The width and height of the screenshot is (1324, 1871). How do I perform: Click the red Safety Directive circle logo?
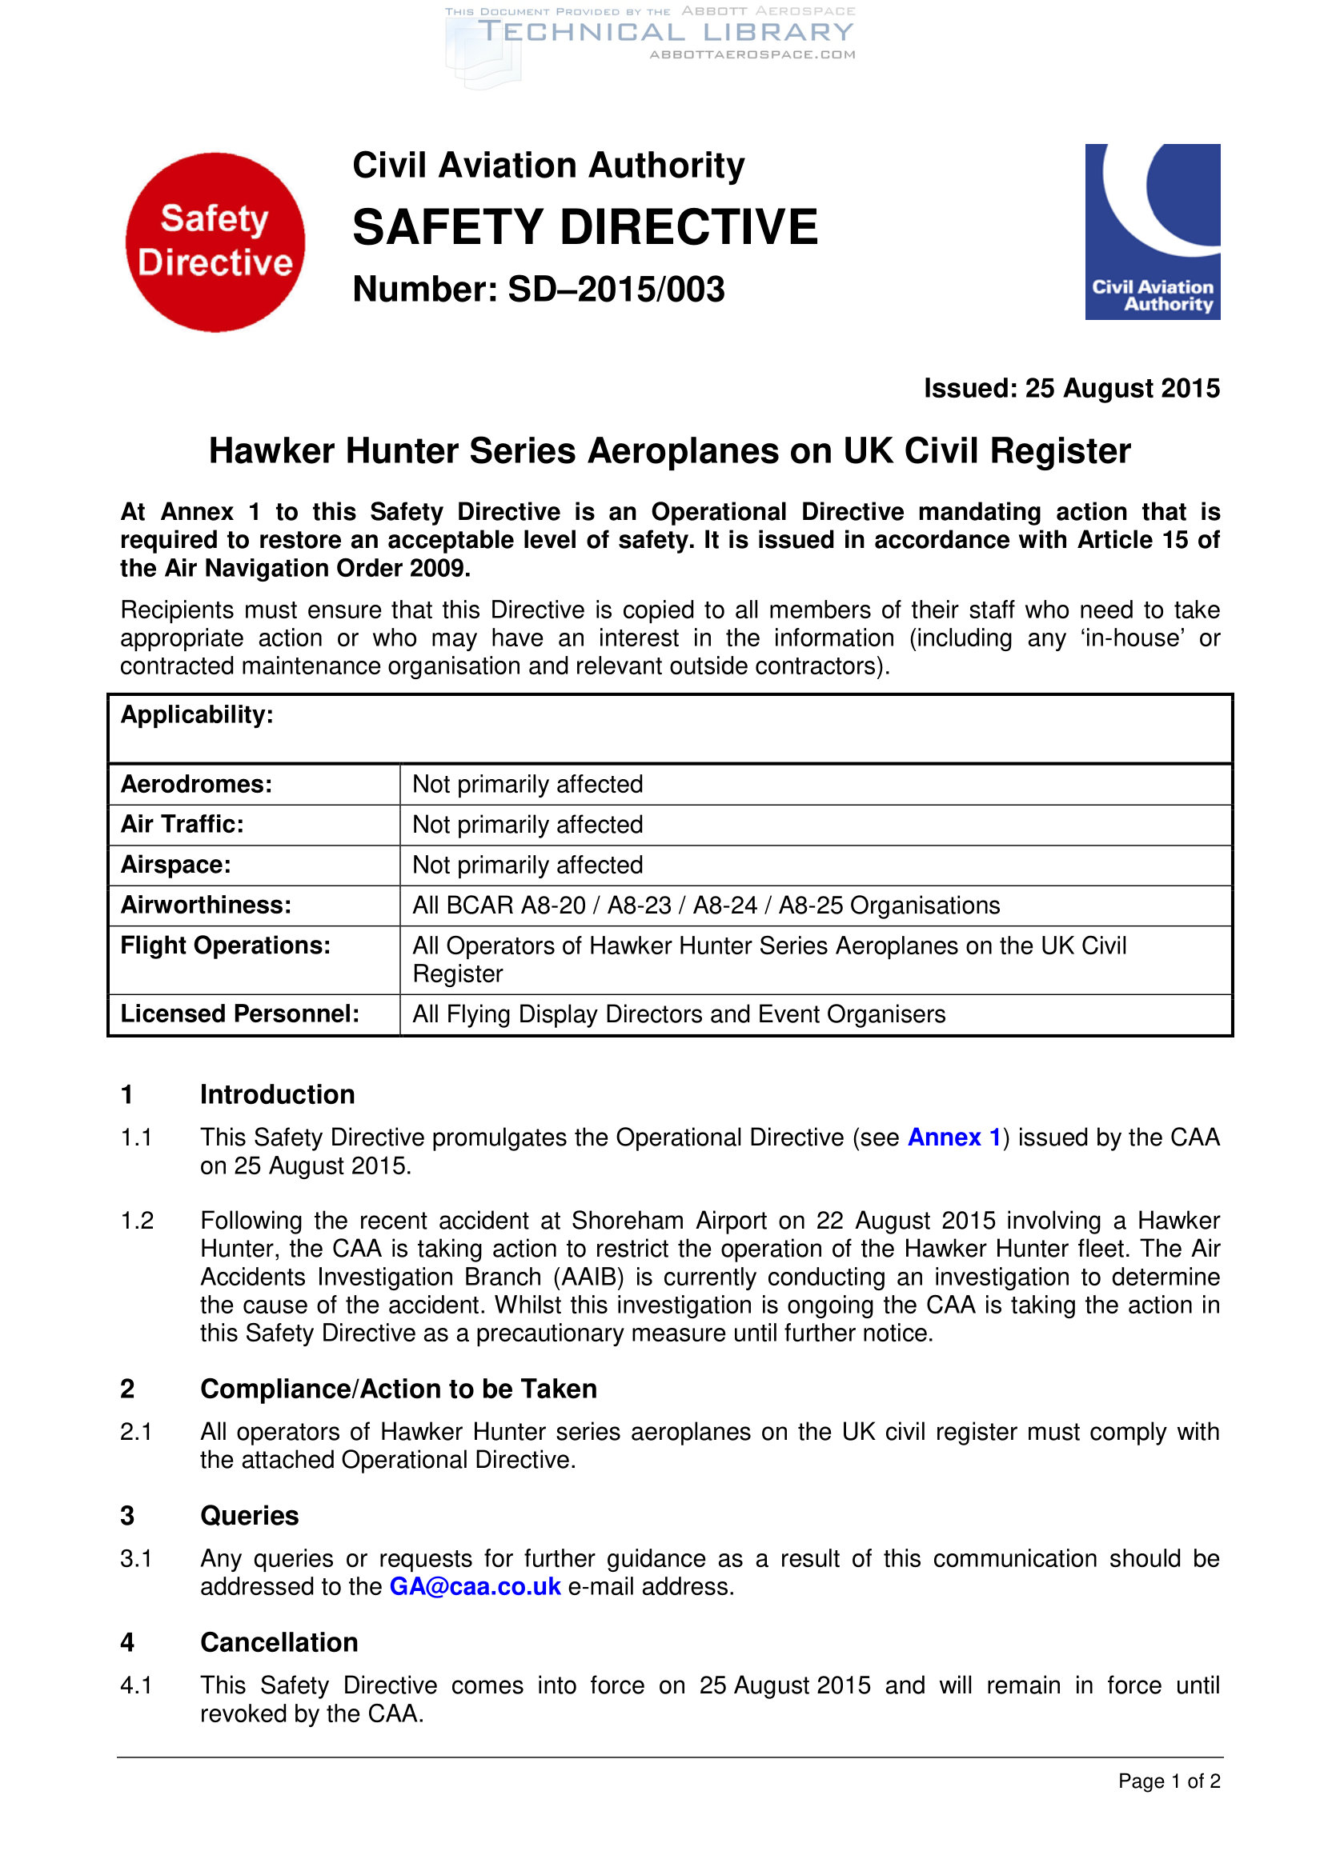coord(215,242)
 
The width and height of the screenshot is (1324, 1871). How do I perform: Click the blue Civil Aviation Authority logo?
coord(1152,231)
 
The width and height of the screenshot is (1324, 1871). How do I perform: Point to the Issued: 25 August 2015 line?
coord(1071,388)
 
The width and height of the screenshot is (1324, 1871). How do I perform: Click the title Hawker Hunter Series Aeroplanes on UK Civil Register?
coord(669,450)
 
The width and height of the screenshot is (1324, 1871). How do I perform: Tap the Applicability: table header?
coord(197,714)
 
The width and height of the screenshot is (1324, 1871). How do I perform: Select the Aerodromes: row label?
coord(196,784)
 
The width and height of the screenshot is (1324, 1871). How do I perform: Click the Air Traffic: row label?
coord(183,824)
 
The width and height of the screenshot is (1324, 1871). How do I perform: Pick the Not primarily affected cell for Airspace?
coord(528,865)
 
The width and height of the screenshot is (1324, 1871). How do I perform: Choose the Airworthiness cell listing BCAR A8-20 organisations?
coord(706,906)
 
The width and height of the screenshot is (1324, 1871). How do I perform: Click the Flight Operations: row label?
coord(226,945)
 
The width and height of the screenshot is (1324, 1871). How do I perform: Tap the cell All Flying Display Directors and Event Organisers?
coord(679,1013)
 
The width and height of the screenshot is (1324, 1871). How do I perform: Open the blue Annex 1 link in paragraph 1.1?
coord(954,1137)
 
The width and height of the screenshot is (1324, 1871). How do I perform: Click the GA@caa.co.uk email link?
coord(475,1585)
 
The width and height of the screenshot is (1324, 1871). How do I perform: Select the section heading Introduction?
coord(277,1094)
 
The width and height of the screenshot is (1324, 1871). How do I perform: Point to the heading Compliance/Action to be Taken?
coord(399,1389)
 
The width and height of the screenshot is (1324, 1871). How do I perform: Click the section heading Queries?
coord(250,1515)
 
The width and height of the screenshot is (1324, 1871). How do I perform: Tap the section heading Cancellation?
coord(279,1642)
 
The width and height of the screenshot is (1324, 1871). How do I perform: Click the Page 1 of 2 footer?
coord(1168,1781)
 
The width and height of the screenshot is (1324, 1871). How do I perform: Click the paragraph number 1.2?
coord(137,1220)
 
